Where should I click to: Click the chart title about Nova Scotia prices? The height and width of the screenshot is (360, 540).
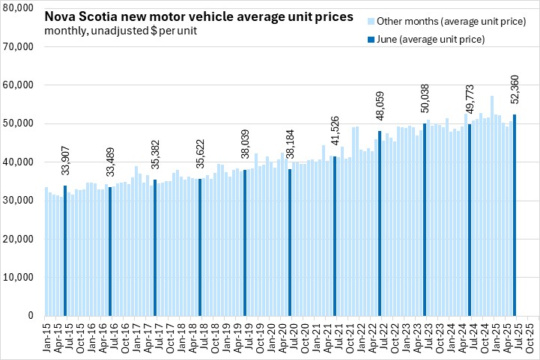[198, 16]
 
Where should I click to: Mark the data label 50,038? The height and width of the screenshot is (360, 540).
[425, 102]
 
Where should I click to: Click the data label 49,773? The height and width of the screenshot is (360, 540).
[470, 103]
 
